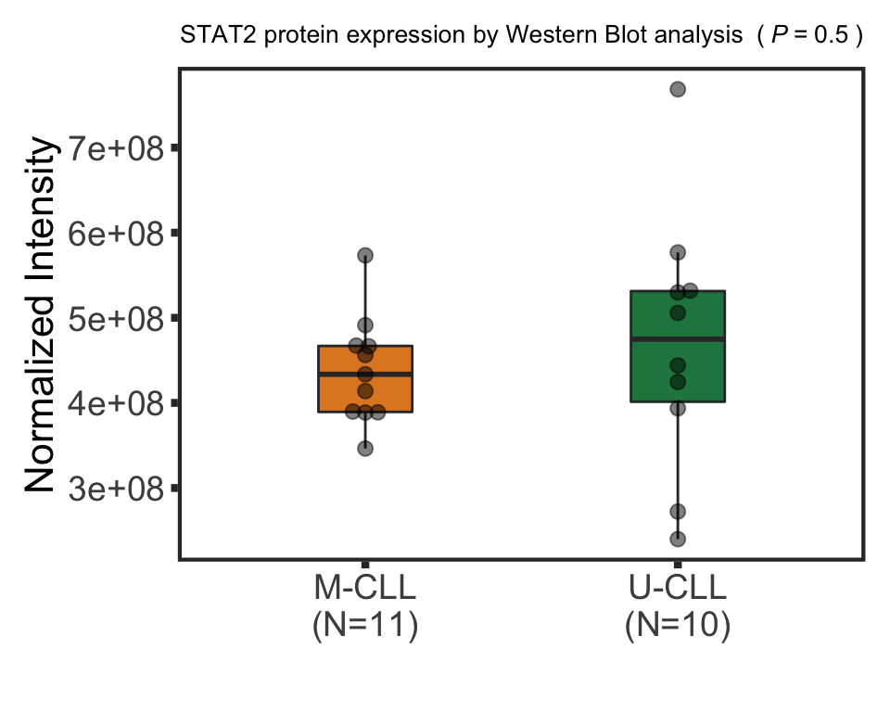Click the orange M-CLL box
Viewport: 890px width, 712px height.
pyautogui.click(x=365, y=389)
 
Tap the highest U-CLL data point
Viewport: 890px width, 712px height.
pyautogui.click(x=678, y=89)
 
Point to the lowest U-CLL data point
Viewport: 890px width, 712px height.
pyautogui.click(x=678, y=539)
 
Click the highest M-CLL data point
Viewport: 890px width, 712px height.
pyautogui.click(x=365, y=255)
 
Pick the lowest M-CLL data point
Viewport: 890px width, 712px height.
pyautogui.click(x=365, y=449)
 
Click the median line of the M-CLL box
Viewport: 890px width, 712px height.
pyautogui.click(x=365, y=374)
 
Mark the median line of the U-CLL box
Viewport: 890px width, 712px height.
pyautogui.click(x=678, y=339)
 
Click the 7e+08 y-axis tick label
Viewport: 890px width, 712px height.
pyautogui.click(x=115, y=147)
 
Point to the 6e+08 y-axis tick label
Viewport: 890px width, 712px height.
pyautogui.click(x=115, y=233)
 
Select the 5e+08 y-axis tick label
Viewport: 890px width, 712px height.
pyautogui.click(x=115, y=318)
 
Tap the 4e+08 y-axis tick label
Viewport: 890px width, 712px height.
pyautogui.click(x=115, y=403)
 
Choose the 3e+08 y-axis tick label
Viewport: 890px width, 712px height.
pyautogui.click(x=115, y=489)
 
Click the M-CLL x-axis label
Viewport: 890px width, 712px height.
pyautogui.click(x=365, y=589)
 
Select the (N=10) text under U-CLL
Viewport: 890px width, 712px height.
pyautogui.click(x=678, y=626)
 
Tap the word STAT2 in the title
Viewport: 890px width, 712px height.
pyautogui.click(x=208, y=37)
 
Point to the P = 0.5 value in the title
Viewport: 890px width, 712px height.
pyautogui.click(x=811, y=37)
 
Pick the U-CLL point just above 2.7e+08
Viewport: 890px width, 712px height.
pyautogui.click(x=678, y=512)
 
